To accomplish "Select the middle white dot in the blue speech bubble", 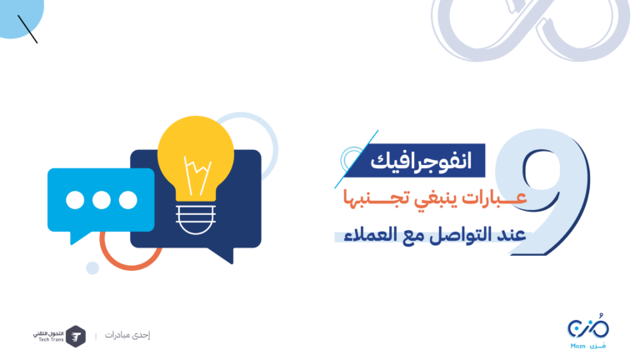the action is point(101,200).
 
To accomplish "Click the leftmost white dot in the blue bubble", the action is point(75,200).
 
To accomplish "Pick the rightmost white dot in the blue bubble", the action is point(127,200).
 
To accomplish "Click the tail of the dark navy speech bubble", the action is point(222,255).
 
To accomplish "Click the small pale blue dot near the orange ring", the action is point(92,267).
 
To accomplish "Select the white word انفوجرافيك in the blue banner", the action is point(421,161).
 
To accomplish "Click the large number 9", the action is point(542,192).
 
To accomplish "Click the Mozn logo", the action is point(588,331).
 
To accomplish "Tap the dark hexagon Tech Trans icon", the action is point(76,337).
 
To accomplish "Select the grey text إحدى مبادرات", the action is point(127,335).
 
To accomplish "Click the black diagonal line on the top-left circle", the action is point(27,29).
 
